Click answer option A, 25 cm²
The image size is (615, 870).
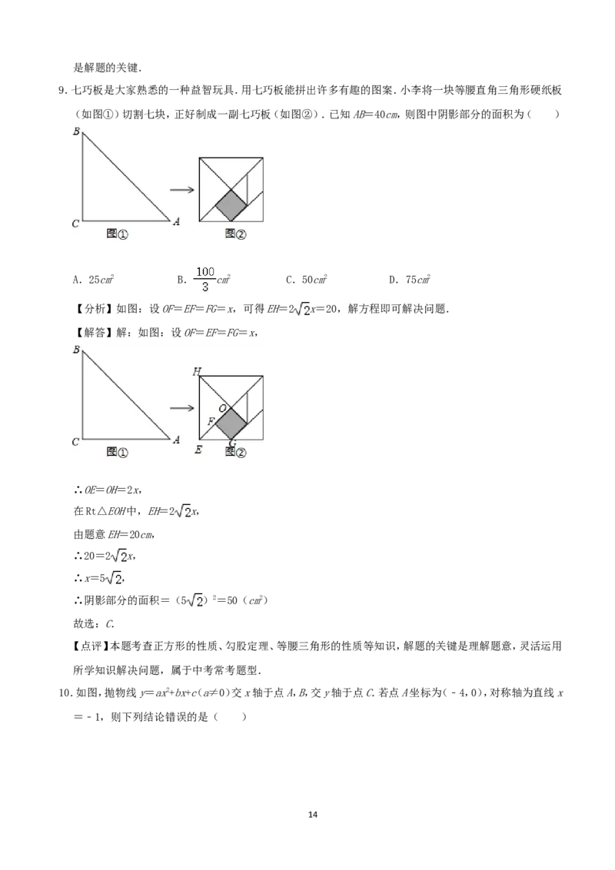[x=94, y=280]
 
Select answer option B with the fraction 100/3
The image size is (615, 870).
[x=204, y=279]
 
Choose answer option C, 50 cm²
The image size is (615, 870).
[x=307, y=280]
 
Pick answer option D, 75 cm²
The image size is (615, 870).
[x=410, y=280]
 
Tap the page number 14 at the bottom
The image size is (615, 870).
[x=312, y=815]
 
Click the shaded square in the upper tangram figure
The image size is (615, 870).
[x=231, y=204]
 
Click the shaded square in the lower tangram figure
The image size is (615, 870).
[x=231, y=423]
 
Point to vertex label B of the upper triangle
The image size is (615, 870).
[x=77, y=131]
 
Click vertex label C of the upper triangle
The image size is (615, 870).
[x=76, y=224]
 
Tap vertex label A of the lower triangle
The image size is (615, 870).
[x=177, y=440]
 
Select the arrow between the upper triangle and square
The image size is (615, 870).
[x=181, y=190]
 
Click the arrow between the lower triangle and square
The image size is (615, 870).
[x=181, y=408]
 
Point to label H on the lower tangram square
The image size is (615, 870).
[x=197, y=371]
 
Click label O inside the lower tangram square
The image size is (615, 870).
[x=222, y=408]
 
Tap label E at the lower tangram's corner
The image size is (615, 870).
[x=198, y=450]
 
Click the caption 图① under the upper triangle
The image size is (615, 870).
[x=117, y=234]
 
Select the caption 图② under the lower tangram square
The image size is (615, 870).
[x=235, y=452]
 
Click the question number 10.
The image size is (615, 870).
[x=65, y=693]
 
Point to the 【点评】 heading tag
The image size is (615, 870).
[x=91, y=646]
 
